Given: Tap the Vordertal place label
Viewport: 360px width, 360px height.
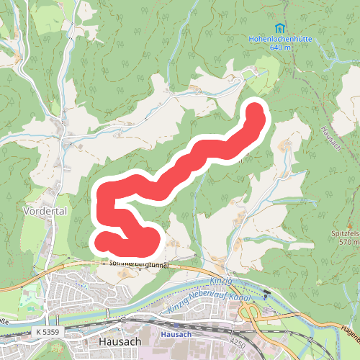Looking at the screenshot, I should point(45,212).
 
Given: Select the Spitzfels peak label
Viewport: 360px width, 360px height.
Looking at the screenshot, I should point(344,235).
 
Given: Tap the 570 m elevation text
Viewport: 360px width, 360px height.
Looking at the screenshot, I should point(348,243).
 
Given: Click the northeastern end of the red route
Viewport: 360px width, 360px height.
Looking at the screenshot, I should point(256,111).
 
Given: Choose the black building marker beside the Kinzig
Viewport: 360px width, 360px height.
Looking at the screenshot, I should point(266,294).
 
